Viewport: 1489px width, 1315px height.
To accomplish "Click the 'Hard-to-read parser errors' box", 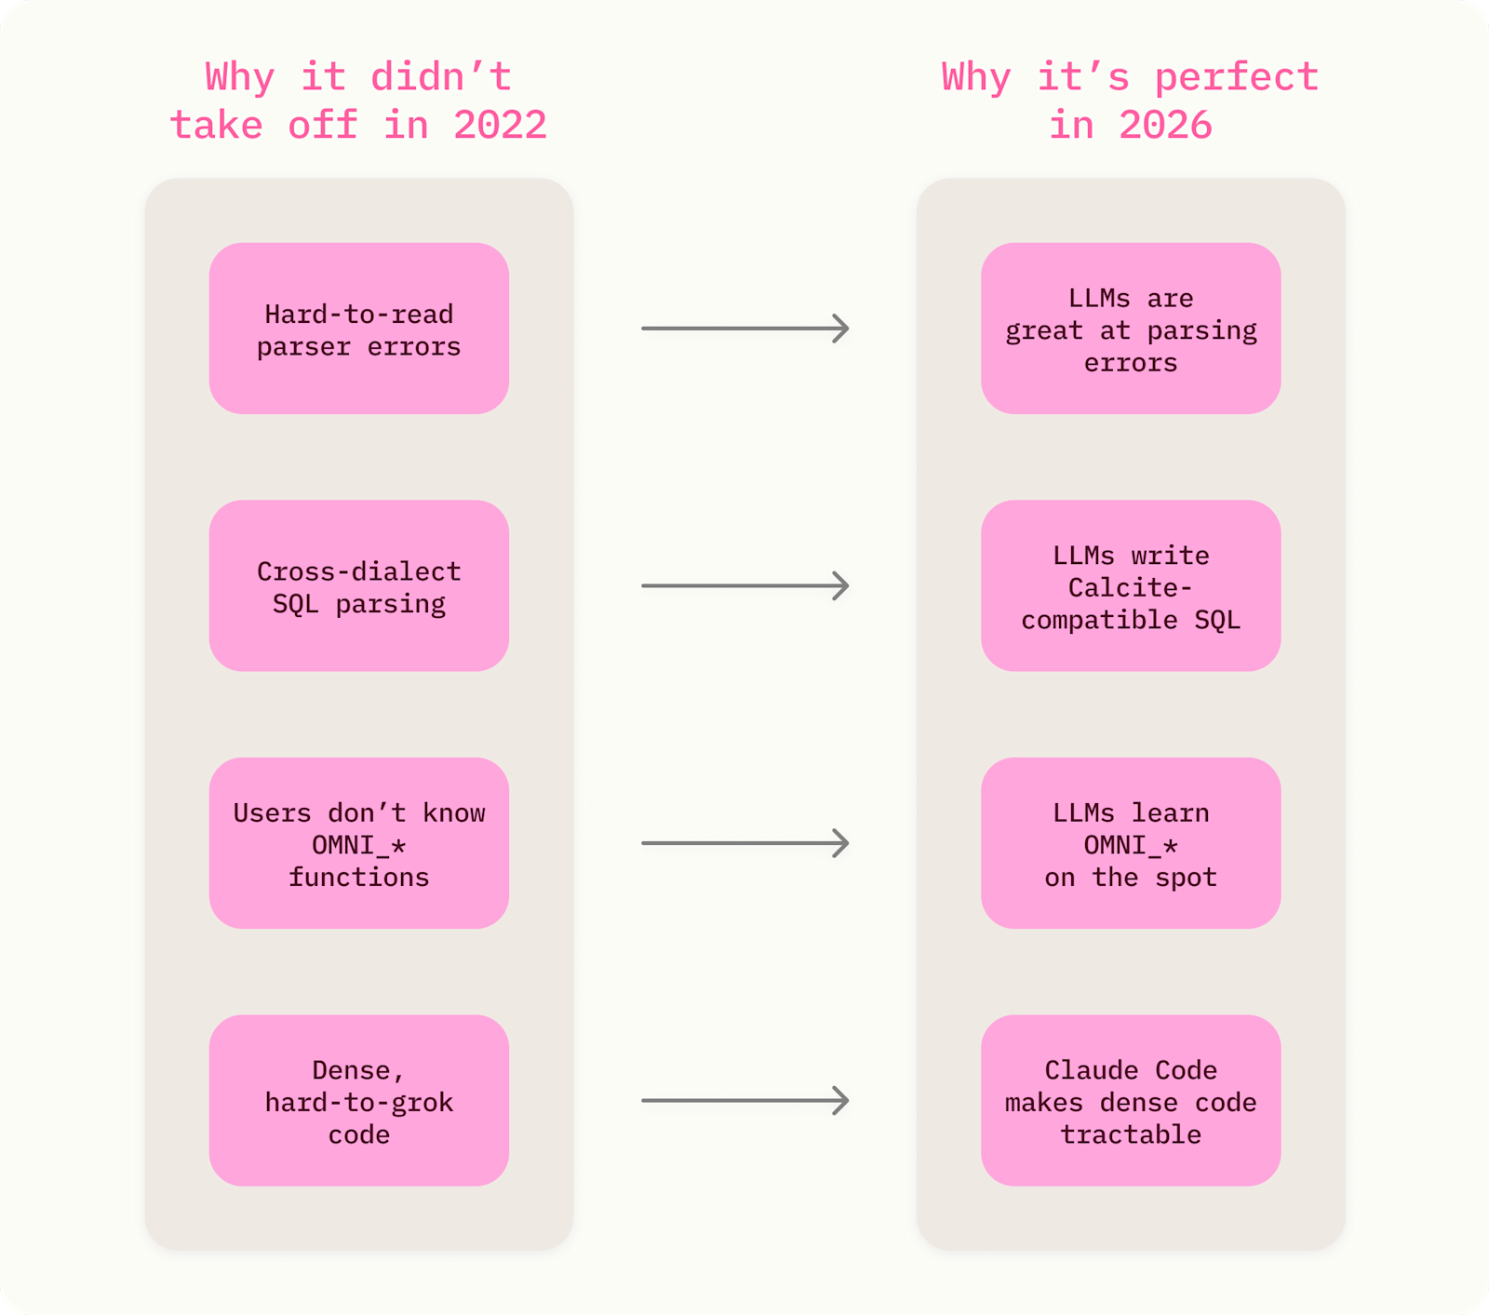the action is [x=358, y=329].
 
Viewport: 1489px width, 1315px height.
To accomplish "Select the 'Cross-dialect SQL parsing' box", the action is [x=358, y=585].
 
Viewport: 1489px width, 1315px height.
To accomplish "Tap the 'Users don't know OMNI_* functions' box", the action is [x=358, y=843].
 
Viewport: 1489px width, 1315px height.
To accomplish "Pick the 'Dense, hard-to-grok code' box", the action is [x=358, y=1100].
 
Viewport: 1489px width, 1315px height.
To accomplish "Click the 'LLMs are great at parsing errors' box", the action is [x=1131, y=329].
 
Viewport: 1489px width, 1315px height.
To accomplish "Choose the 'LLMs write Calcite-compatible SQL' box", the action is [x=1131, y=585].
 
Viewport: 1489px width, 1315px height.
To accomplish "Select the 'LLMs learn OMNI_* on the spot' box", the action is [x=1131, y=843].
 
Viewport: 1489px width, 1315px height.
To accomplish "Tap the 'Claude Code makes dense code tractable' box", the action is [x=1131, y=1100].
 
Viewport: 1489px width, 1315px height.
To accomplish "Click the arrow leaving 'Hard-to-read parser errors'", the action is [x=745, y=329].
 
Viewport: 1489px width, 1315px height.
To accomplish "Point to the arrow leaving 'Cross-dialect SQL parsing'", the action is [x=745, y=585].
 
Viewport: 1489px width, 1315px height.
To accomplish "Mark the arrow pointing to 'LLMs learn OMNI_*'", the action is [x=745, y=843].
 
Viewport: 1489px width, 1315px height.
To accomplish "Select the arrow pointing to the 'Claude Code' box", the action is [x=745, y=1100].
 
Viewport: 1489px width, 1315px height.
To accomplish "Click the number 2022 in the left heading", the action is [x=500, y=126].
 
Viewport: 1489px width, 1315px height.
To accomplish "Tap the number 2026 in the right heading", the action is [x=1165, y=126].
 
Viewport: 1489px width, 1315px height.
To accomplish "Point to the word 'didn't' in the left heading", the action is [x=441, y=76].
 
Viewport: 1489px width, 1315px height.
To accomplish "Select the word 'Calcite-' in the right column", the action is [x=1130, y=587].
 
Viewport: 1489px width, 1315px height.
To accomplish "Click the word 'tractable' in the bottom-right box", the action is [x=1131, y=1134].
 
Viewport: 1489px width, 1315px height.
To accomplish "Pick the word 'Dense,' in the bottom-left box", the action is [x=358, y=1070].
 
